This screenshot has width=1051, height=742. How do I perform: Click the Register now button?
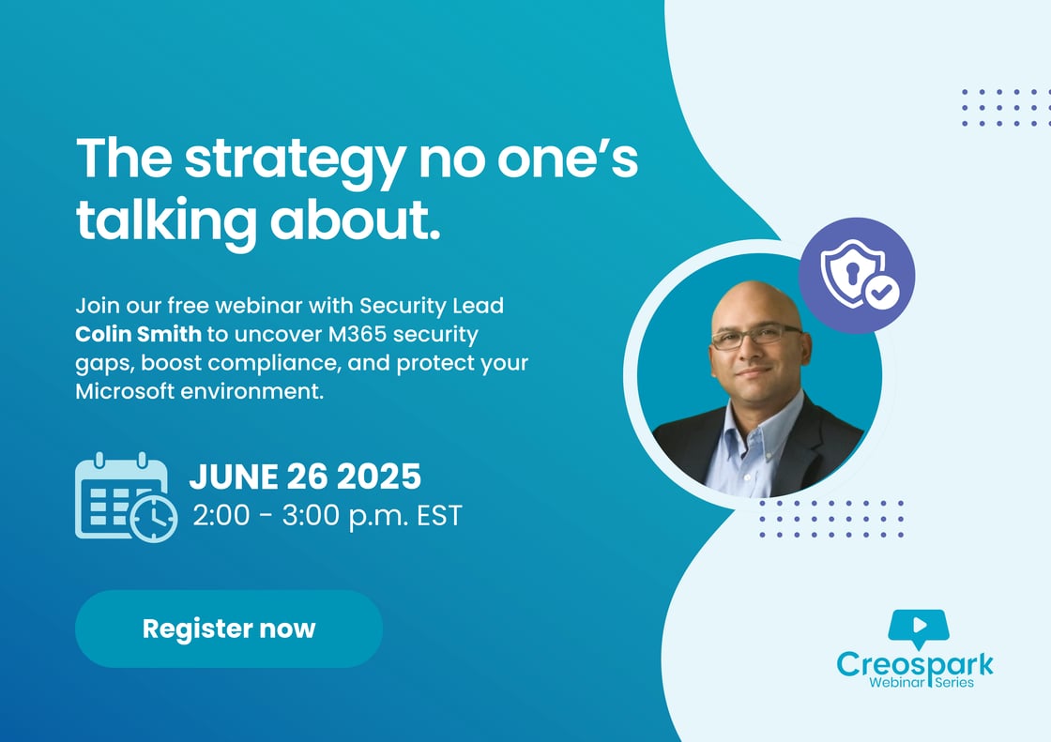click(229, 628)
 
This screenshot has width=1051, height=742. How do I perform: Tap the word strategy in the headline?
click(295, 161)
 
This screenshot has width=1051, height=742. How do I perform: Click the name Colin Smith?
click(138, 334)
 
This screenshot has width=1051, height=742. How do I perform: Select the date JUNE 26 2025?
click(305, 477)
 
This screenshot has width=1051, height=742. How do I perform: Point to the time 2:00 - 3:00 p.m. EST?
click(327, 515)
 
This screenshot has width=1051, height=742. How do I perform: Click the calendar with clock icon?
click(126, 496)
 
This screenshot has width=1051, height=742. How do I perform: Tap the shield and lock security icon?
click(857, 276)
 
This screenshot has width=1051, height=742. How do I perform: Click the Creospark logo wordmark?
click(915, 664)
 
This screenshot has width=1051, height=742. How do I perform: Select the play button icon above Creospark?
click(919, 627)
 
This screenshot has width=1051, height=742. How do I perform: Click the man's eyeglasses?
click(756, 337)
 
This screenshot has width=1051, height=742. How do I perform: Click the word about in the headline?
click(356, 220)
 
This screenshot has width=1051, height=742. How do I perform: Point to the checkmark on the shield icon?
click(881, 292)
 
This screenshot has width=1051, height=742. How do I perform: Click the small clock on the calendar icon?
click(154, 518)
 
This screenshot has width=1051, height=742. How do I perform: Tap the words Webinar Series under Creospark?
click(922, 682)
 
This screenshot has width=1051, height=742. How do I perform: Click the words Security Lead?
click(432, 306)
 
